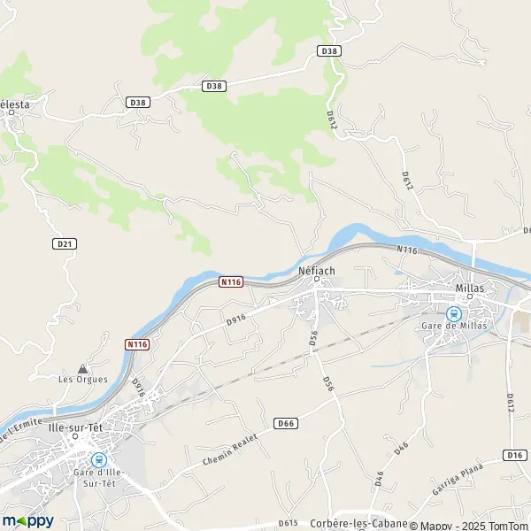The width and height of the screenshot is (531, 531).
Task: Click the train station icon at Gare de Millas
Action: point(454,312)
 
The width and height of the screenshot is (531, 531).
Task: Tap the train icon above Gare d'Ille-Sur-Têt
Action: point(98,459)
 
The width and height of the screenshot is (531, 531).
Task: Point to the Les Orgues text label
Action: point(83,380)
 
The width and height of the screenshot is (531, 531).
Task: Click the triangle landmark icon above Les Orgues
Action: point(83,367)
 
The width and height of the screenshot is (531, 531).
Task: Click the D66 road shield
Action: point(285,423)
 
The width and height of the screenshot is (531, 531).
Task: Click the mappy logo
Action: point(27,520)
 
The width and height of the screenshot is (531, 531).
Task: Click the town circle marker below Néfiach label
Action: point(316,281)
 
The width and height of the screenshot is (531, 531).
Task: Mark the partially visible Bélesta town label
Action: point(14,104)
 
